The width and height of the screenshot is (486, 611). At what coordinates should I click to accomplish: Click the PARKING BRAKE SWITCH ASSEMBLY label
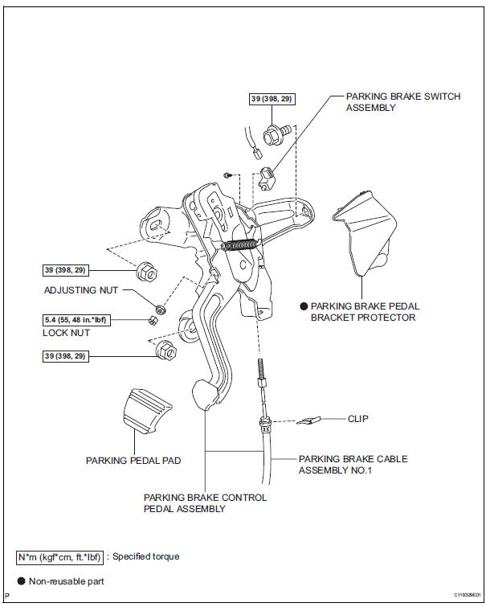pyautogui.click(x=402, y=102)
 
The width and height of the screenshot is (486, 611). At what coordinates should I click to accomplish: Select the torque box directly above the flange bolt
pyautogui.click(x=272, y=99)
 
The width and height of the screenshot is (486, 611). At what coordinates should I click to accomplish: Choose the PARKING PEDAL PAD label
pyautogui.click(x=133, y=461)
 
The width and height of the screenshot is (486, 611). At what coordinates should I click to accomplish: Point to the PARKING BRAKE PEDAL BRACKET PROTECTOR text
pyautogui.click(x=365, y=312)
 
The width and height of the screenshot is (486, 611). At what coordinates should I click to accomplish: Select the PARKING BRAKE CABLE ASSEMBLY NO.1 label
pyautogui.click(x=353, y=465)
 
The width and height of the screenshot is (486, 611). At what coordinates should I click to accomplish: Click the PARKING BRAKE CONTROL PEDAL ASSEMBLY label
pyautogui.click(x=205, y=503)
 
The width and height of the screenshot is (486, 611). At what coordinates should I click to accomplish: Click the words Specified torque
pyautogui.click(x=146, y=556)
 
